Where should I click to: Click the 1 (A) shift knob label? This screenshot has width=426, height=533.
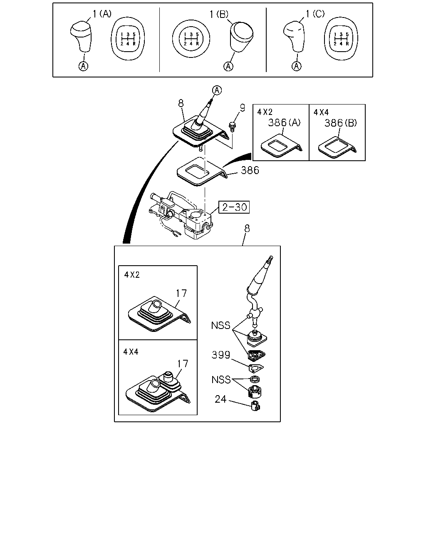click(x=102, y=14)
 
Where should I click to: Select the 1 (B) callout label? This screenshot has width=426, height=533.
click(x=219, y=14)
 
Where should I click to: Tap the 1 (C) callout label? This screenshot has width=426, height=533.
click(x=315, y=14)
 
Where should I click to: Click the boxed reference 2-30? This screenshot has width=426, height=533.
click(x=234, y=207)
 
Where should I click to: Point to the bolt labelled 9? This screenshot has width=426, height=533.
click(x=232, y=126)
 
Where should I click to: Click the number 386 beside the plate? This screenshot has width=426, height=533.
click(x=250, y=170)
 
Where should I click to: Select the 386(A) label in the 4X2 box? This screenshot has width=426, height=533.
click(x=284, y=122)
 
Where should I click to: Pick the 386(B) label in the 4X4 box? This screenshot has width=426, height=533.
click(x=341, y=123)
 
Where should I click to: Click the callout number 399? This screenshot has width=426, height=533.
click(x=221, y=355)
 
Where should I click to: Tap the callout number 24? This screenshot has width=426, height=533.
click(x=220, y=399)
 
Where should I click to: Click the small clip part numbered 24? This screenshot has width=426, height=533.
click(x=256, y=406)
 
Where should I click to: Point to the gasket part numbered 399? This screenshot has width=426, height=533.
click(x=256, y=368)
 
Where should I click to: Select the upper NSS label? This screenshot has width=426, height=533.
click(x=221, y=325)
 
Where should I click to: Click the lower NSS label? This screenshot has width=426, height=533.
click(x=221, y=379)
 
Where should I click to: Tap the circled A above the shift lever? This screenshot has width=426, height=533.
click(x=217, y=90)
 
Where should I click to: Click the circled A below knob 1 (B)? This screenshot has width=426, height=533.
click(x=228, y=66)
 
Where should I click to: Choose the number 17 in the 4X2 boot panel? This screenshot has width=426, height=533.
click(x=181, y=293)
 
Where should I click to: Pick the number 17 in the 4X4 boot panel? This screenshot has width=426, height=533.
click(x=183, y=364)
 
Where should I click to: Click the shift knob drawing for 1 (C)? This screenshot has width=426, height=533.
click(x=294, y=37)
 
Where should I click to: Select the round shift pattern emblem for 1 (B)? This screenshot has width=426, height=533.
click(x=191, y=39)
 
